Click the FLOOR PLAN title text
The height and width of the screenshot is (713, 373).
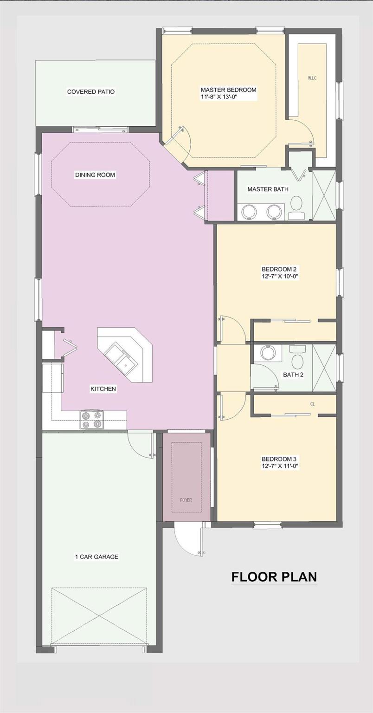pos(274,577)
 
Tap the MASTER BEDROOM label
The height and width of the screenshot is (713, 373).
pos(228,90)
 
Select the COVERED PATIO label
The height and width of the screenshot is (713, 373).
pos(91,92)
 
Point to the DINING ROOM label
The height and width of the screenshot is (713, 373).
pos(95,175)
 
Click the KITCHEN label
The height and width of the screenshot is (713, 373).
pos(103,389)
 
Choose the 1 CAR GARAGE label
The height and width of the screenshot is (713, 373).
pos(96,557)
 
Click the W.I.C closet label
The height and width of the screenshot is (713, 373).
pos(312,78)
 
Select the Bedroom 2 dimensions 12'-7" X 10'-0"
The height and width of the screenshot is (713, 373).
pos(279,276)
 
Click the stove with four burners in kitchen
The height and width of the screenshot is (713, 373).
pos(91,420)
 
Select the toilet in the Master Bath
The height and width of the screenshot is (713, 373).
pos(296,205)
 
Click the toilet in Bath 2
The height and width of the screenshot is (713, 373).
pos(297,358)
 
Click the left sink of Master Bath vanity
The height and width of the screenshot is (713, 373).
pos(250,212)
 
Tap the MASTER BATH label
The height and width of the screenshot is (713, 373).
pos(268,189)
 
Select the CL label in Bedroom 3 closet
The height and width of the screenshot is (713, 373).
pos(312,404)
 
